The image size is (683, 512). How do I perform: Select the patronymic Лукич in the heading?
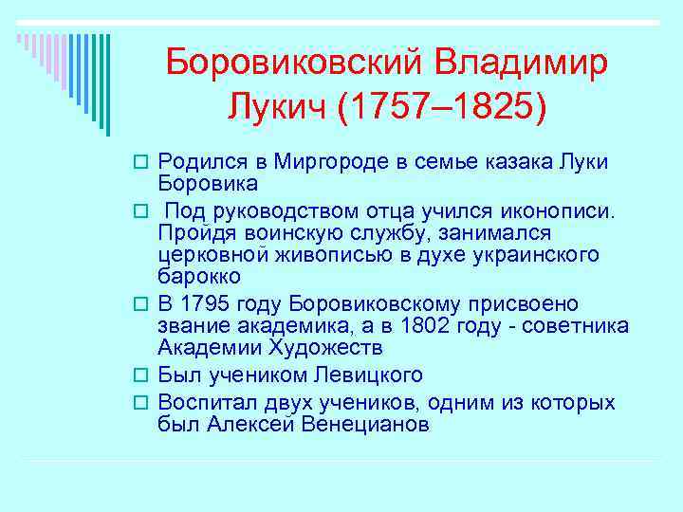point(277,106)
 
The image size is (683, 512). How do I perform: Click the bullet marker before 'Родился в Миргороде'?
point(145,162)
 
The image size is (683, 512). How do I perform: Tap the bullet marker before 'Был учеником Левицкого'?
point(145,375)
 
